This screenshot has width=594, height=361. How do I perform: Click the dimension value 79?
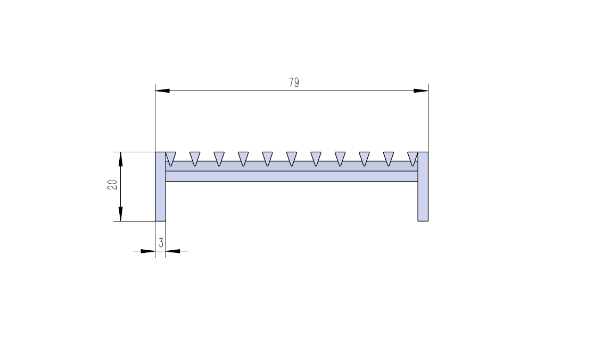294,83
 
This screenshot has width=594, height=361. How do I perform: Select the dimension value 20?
112,185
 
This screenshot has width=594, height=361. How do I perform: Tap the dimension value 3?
161,243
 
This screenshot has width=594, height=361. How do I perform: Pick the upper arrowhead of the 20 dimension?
121,159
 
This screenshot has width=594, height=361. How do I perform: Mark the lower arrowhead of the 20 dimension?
121,214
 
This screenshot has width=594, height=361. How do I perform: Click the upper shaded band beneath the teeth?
292,167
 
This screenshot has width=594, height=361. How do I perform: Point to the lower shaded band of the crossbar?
292,176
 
